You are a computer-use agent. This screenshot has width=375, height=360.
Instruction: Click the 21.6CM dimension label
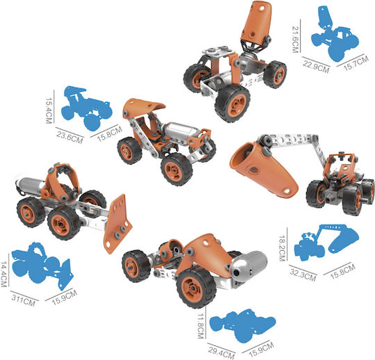point(296,39)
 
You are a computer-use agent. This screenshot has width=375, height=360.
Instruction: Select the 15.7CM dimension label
point(356,63)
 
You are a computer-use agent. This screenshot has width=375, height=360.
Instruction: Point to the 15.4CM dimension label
point(49,111)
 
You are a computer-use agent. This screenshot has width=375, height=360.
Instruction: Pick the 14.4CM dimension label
point(3,274)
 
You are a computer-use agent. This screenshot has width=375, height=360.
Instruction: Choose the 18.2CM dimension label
point(283,248)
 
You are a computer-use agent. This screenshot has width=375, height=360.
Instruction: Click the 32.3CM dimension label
point(303,275)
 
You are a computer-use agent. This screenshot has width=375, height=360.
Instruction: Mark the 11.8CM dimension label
point(201,326)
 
